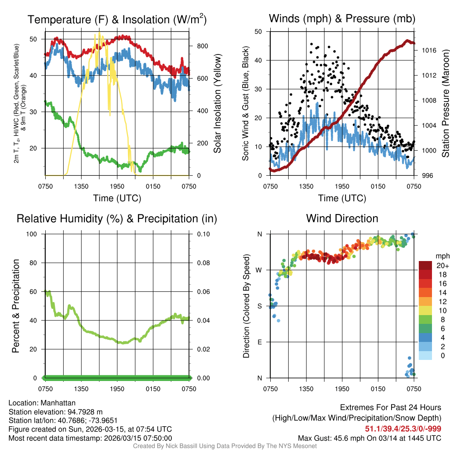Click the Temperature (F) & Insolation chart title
tap(117, 20)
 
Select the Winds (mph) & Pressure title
tap(342, 19)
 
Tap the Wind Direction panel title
tap(342, 218)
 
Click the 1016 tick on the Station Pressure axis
tap(426, 51)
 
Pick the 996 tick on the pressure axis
tap(425, 176)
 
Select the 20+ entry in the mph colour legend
tap(442, 266)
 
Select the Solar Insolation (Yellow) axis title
tap(217, 104)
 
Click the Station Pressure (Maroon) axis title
tap(445, 104)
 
